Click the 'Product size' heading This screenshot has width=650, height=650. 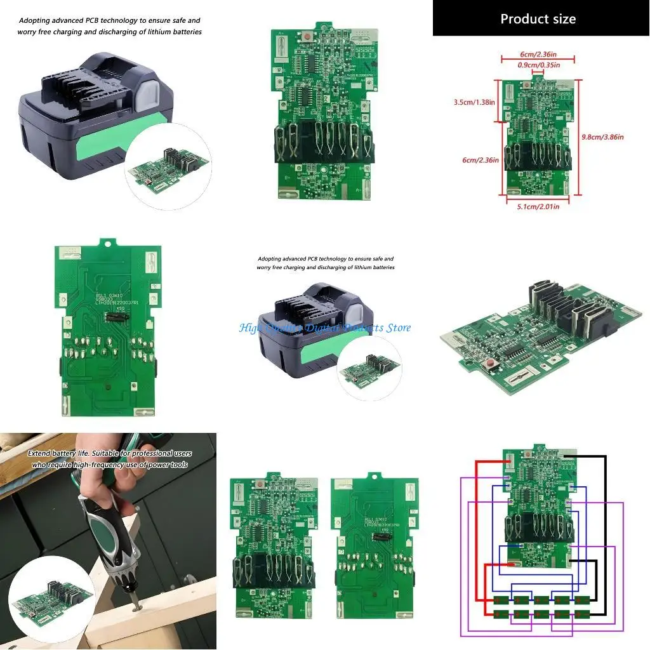tap(538, 18)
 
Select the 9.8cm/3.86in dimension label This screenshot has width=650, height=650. tap(602, 136)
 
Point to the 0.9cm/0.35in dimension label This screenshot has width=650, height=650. tap(538, 65)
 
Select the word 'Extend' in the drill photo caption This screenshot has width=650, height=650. tap(39, 454)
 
